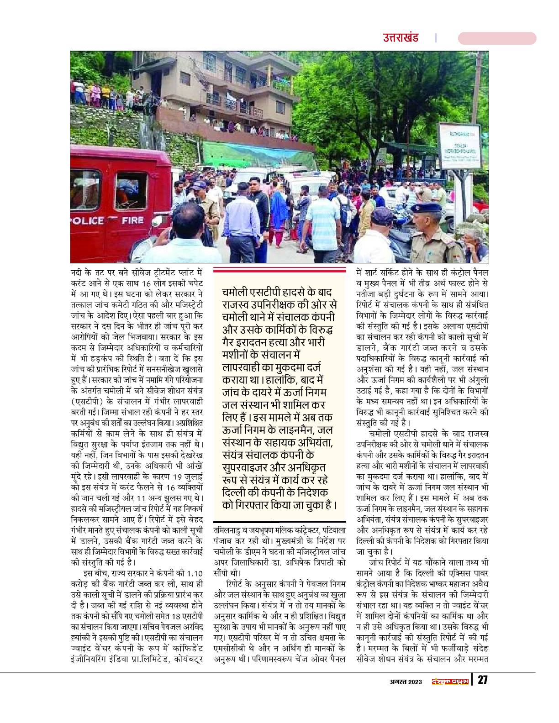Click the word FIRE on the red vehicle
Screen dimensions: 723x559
click(133, 221)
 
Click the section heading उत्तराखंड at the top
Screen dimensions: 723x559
click(401, 38)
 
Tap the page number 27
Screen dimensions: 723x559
click(482, 681)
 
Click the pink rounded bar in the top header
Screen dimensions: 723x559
click(496, 38)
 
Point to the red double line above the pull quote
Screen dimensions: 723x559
click(280, 270)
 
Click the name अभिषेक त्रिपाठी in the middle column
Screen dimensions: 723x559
click(315, 563)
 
